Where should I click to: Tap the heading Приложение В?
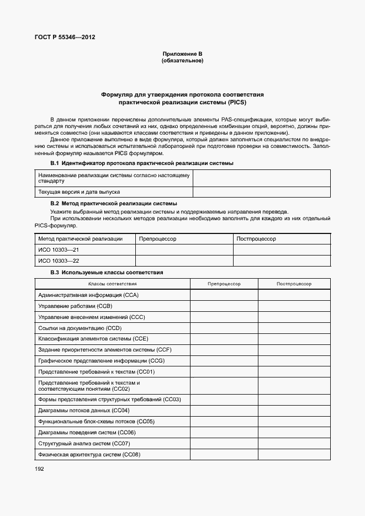[x=182, y=54]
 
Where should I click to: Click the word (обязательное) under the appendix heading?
[x=182, y=61]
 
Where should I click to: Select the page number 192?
[x=39, y=469]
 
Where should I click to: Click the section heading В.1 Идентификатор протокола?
[x=142, y=163]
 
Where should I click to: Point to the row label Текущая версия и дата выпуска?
[x=79, y=192]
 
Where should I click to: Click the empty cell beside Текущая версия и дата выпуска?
[x=261, y=192]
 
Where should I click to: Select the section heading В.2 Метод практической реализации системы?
[x=114, y=204]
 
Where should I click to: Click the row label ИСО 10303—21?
[x=59, y=250]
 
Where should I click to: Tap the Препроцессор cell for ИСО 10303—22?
[x=184, y=261]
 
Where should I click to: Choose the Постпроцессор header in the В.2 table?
[x=256, y=239]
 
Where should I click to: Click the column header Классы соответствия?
[x=113, y=284]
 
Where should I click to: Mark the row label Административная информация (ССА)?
[x=88, y=295]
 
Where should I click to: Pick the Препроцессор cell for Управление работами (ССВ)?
[x=224, y=306]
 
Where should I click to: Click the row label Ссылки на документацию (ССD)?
[x=80, y=328]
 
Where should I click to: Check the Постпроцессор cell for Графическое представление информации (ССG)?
[x=294, y=361]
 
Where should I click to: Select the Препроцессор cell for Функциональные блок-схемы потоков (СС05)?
[x=224, y=422]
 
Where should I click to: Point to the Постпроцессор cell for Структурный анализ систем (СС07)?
[x=294, y=444]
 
